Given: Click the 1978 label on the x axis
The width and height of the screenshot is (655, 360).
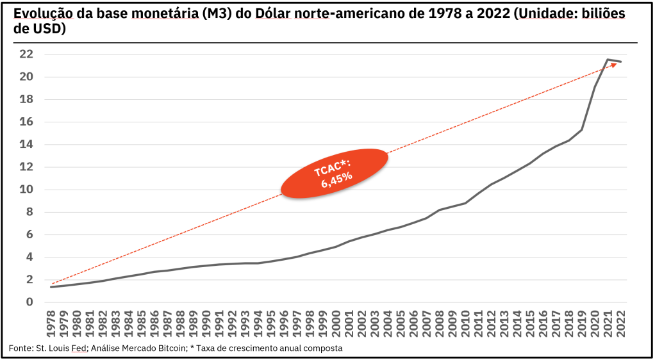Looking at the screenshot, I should pos(51,326).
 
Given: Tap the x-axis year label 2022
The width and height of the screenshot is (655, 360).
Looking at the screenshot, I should pos(620,326).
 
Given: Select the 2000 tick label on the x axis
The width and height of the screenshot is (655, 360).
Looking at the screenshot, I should pos(336,326).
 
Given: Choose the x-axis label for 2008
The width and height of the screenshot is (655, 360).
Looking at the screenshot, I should pos(439,326).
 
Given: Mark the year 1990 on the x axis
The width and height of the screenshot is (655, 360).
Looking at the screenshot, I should pos(206,326).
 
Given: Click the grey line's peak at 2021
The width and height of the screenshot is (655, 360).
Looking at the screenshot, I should pos(607,60).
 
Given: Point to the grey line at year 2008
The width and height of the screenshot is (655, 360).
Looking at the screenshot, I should pos(439,209).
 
